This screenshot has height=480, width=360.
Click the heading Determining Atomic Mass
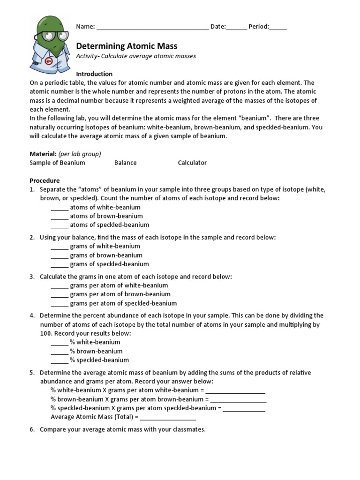coord(127,46)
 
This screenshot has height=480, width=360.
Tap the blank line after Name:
coord(153,28)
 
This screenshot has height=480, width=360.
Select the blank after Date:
coord(237,28)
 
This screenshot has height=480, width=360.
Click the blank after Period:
coord(278,28)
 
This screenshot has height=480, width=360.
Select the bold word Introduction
coord(94,74)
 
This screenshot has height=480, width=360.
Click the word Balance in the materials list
coord(125,163)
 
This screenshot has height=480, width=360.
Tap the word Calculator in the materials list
coord(192,163)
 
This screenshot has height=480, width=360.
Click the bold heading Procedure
coord(45,180)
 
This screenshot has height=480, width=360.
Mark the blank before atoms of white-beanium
coord(60,208)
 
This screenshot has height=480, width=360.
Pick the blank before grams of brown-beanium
coord(60,256)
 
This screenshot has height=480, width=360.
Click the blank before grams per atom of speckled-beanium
coord(60,304)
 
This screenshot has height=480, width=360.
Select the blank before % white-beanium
coord(60,343)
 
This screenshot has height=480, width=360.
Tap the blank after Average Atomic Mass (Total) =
coord(168,417)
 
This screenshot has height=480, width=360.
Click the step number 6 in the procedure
coord(32,429)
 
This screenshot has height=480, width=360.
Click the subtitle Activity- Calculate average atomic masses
coord(136,56)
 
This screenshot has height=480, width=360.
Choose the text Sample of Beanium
coord(57,163)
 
